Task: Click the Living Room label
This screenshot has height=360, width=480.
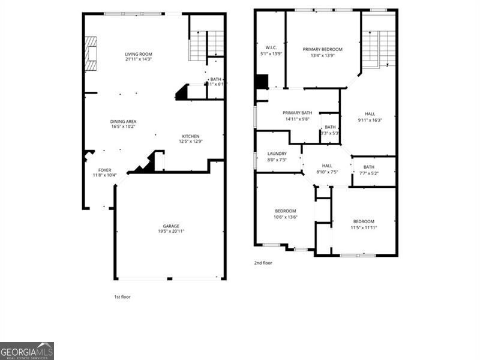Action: point(138,54)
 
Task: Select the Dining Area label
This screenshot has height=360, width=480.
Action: point(123,121)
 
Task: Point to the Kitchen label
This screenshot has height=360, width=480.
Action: point(190,136)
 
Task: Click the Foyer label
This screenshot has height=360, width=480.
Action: point(104,170)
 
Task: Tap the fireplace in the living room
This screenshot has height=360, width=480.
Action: point(90,53)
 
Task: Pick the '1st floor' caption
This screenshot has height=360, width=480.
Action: point(122,297)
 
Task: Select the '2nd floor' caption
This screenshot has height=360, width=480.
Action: point(263,263)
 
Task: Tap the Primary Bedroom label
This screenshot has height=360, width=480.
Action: point(322,49)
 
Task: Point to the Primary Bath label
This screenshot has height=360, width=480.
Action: point(297,113)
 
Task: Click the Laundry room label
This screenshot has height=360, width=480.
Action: point(277,154)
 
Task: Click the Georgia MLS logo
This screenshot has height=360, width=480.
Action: point(27,351)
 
